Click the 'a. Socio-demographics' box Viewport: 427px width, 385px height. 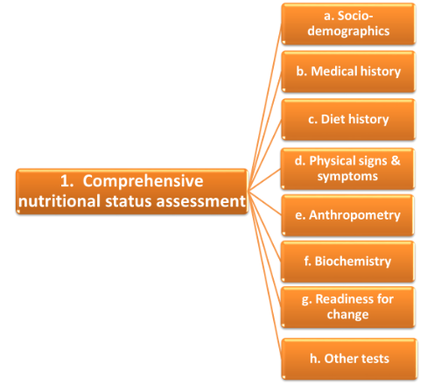348,24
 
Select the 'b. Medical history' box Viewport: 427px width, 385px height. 348,72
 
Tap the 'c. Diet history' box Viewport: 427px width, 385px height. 348,120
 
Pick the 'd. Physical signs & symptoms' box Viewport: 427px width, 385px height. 347,169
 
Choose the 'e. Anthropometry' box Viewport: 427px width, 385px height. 347,215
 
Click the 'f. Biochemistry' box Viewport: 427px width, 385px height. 347,262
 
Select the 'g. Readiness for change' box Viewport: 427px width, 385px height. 347,307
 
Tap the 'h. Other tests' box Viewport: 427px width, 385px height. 349,359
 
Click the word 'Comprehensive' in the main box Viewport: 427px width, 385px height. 143,181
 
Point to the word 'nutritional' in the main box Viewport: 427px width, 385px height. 59,201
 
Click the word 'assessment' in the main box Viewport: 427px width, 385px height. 201,202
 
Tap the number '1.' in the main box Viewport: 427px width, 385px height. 66,181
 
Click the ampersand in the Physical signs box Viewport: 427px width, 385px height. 395,160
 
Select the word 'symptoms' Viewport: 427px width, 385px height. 347,177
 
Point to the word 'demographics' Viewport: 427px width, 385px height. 348,31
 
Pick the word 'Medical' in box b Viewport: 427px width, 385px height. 334,72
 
